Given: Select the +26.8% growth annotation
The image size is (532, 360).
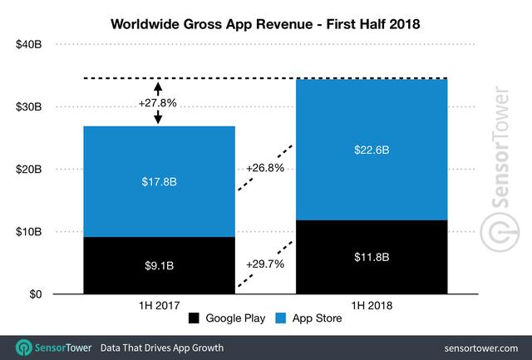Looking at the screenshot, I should (x=265, y=168).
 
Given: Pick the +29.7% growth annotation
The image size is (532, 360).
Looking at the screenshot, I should (x=265, y=264).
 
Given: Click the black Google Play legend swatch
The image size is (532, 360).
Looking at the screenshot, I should (x=194, y=318).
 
